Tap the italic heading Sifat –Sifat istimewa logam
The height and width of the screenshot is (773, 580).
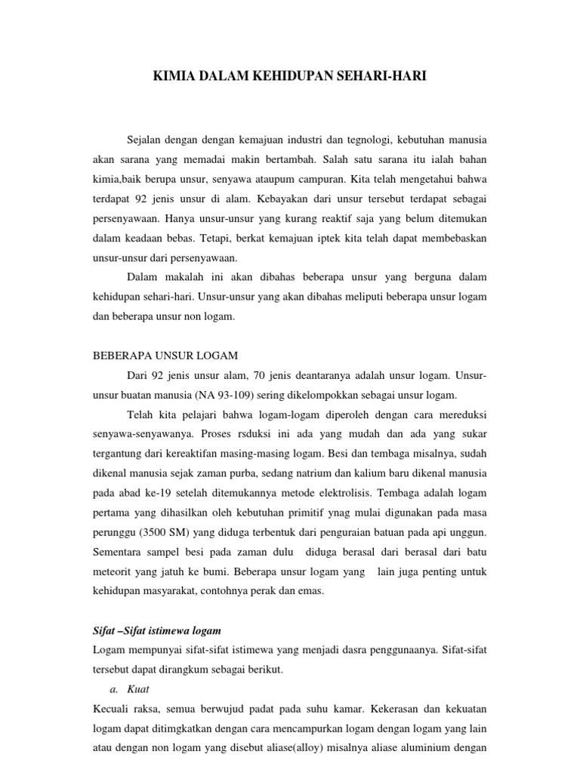coord(156,630)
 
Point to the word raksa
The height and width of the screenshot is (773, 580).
coord(147,709)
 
